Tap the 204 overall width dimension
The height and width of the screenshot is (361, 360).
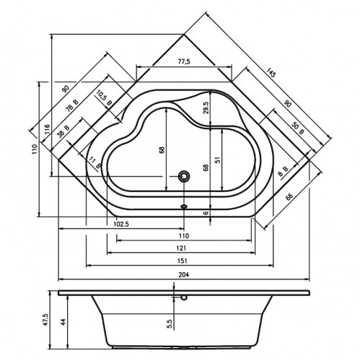click(x=183, y=274)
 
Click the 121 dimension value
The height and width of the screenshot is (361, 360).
click(x=183, y=248)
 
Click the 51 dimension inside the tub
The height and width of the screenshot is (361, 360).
click(x=217, y=153)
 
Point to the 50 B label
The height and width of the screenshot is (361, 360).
click(x=297, y=128)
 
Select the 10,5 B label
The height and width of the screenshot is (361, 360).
click(x=104, y=99)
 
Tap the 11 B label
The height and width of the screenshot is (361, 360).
click(x=94, y=162)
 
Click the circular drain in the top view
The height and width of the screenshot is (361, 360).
click(x=185, y=175)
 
